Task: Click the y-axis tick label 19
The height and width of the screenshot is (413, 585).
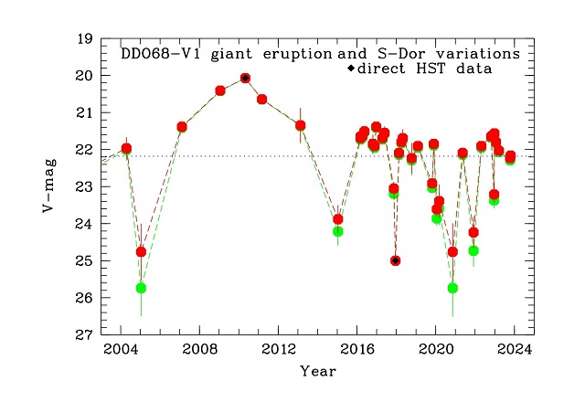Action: click(x=85, y=39)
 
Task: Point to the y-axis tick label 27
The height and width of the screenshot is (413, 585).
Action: click(x=85, y=335)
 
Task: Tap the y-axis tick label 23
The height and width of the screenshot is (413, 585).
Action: click(x=85, y=187)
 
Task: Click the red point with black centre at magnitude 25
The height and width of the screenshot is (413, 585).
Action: click(x=396, y=260)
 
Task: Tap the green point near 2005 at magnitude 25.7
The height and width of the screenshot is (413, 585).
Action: click(x=141, y=288)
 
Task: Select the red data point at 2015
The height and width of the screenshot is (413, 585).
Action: click(x=338, y=219)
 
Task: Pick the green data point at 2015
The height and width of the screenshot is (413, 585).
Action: click(x=338, y=231)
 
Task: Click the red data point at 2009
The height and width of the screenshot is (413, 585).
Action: click(x=220, y=90)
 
